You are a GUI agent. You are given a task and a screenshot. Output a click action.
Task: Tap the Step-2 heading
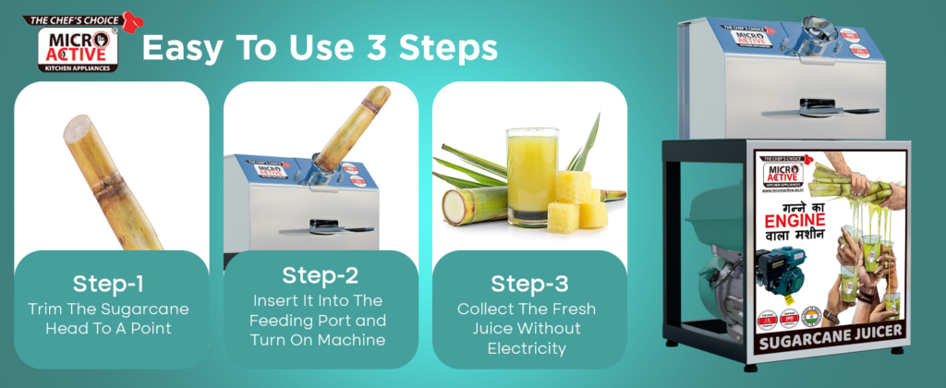pyautogui.click(x=321, y=274)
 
